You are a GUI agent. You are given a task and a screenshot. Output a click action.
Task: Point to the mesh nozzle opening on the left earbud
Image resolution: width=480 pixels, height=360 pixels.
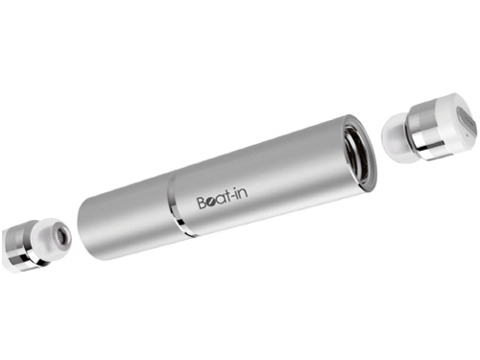(x=61, y=234)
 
